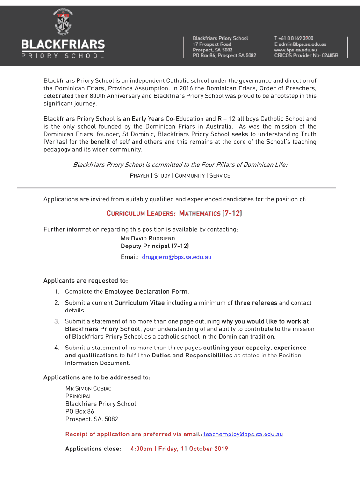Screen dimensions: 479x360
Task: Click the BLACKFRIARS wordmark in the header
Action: coord(63,45)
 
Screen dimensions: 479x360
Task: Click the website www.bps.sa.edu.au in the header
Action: coord(295,50)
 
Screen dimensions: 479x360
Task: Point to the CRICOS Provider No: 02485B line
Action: coord(306,55)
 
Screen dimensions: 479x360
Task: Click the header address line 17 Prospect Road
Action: coord(212,44)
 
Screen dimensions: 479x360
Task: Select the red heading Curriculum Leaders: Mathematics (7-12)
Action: coord(174,213)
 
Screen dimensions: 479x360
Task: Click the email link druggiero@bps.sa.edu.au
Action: coord(177,257)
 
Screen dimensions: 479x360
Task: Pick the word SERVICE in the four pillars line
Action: coord(219,176)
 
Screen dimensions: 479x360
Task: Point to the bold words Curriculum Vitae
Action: coord(139,303)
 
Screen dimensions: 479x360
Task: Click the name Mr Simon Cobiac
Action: coord(88,389)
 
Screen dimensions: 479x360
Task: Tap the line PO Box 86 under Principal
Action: coord(79,411)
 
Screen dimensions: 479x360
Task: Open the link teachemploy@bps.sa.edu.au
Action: coord(243,435)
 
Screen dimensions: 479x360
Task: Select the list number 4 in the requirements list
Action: coord(57,348)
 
